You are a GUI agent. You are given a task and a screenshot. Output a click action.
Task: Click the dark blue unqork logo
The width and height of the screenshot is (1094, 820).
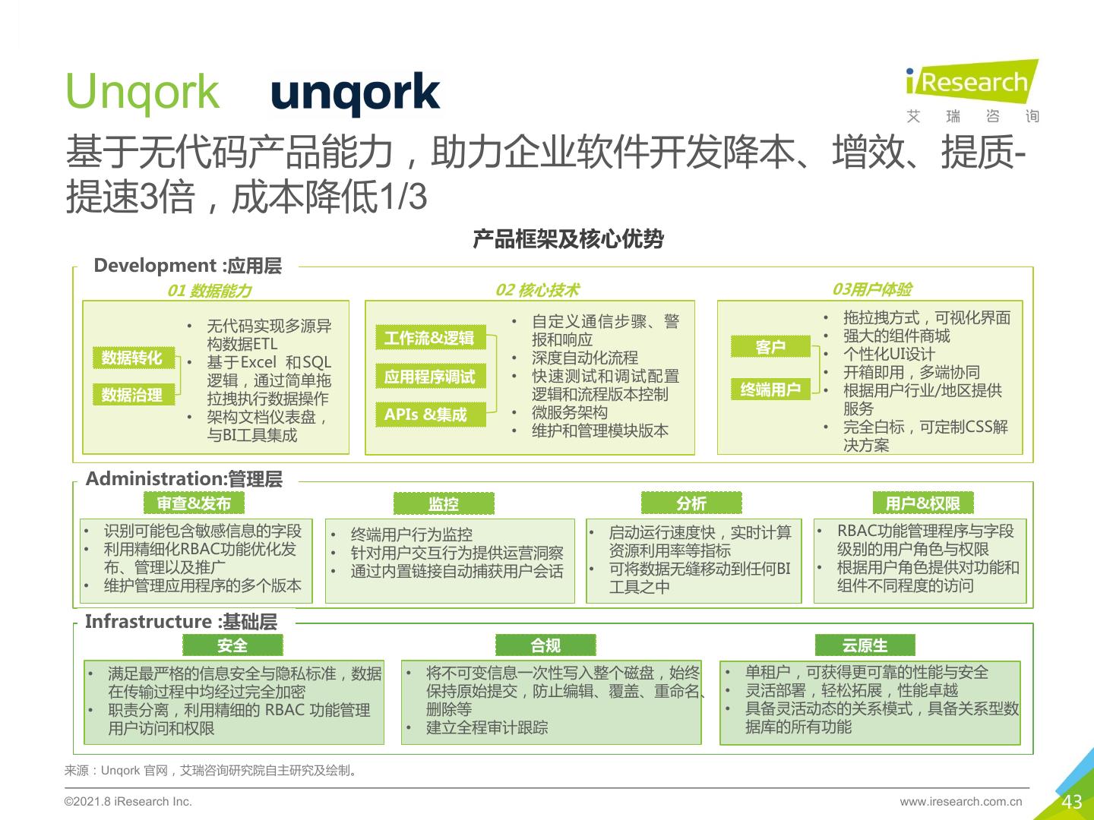tap(355, 94)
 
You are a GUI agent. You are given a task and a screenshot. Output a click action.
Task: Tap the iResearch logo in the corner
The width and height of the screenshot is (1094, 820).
tap(972, 91)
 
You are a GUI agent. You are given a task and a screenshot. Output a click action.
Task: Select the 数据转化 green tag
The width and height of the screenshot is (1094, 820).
tap(132, 358)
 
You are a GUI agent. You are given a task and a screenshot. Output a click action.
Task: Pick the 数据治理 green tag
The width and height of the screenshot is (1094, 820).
tap(132, 395)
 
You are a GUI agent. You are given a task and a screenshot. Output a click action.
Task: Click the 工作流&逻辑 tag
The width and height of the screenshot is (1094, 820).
tap(429, 338)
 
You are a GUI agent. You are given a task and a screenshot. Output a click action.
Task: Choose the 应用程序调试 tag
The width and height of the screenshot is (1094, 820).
tap(429, 377)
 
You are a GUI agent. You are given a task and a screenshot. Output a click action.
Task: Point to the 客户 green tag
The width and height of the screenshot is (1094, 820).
tap(770, 347)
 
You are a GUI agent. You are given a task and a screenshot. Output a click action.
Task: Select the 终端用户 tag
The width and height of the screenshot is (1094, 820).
tap(770, 389)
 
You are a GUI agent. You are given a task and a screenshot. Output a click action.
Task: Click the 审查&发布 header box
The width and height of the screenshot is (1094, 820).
tap(194, 503)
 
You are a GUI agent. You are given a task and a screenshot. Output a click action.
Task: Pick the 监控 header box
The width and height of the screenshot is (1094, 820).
tap(444, 504)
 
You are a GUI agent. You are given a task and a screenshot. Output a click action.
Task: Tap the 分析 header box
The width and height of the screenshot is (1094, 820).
tap(691, 503)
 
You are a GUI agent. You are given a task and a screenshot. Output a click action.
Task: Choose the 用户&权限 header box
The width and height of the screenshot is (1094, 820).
tap(923, 503)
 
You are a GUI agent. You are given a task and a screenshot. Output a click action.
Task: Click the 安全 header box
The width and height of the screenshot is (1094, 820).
tap(232, 645)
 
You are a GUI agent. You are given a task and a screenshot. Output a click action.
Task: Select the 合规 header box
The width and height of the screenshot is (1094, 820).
tap(545, 645)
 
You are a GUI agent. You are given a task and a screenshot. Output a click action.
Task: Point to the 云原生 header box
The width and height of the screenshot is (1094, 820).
tap(865, 645)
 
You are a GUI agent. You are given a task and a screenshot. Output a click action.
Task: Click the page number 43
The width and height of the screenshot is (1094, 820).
tap(1072, 802)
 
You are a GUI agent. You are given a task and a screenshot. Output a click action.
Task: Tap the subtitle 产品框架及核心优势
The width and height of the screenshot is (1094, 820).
tap(568, 239)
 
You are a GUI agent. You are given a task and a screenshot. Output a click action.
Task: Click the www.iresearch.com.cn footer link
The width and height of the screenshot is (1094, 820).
tap(961, 802)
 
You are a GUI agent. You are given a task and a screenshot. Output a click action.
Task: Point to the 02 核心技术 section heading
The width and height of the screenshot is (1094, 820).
tap(537, 290)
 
